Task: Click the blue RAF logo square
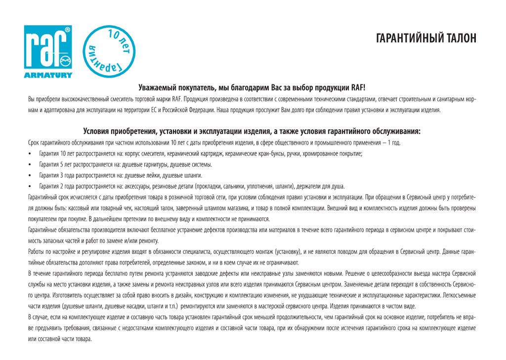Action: tap(48, 47)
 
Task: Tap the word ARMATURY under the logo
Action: tap(48, 76)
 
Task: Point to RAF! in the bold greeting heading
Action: tap(358, 87)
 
